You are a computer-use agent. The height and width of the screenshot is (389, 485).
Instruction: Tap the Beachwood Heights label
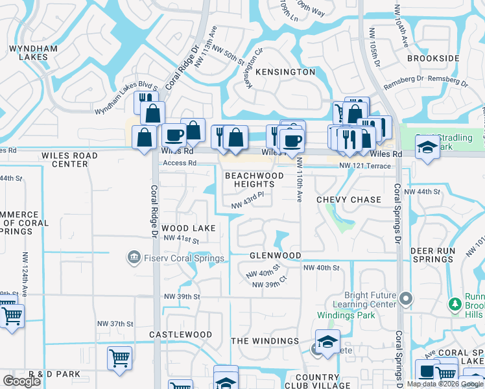tap(254, 180)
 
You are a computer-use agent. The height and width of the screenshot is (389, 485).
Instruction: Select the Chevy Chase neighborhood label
tap(349, 200)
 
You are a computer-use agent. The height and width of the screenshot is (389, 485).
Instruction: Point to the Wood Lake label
tap(188, 228)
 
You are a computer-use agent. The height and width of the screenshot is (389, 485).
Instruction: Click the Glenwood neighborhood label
tap(276, 255)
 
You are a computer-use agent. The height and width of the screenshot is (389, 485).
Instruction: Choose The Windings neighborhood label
tap(265, 341)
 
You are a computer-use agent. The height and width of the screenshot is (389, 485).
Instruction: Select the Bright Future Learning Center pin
tap(407, 299)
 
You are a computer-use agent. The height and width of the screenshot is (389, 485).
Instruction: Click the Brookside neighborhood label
tap(433, 58)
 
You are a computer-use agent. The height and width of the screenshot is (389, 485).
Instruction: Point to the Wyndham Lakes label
tap(29, 53)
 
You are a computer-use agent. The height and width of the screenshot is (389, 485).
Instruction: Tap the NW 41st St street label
tap(181, 239)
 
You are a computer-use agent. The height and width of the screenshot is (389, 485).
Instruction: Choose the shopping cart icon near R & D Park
tap(119, 358)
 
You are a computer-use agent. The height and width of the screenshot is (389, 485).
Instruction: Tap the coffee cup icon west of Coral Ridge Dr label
tap(174, 136)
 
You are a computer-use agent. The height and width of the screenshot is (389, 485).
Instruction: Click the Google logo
tap(21, 381)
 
